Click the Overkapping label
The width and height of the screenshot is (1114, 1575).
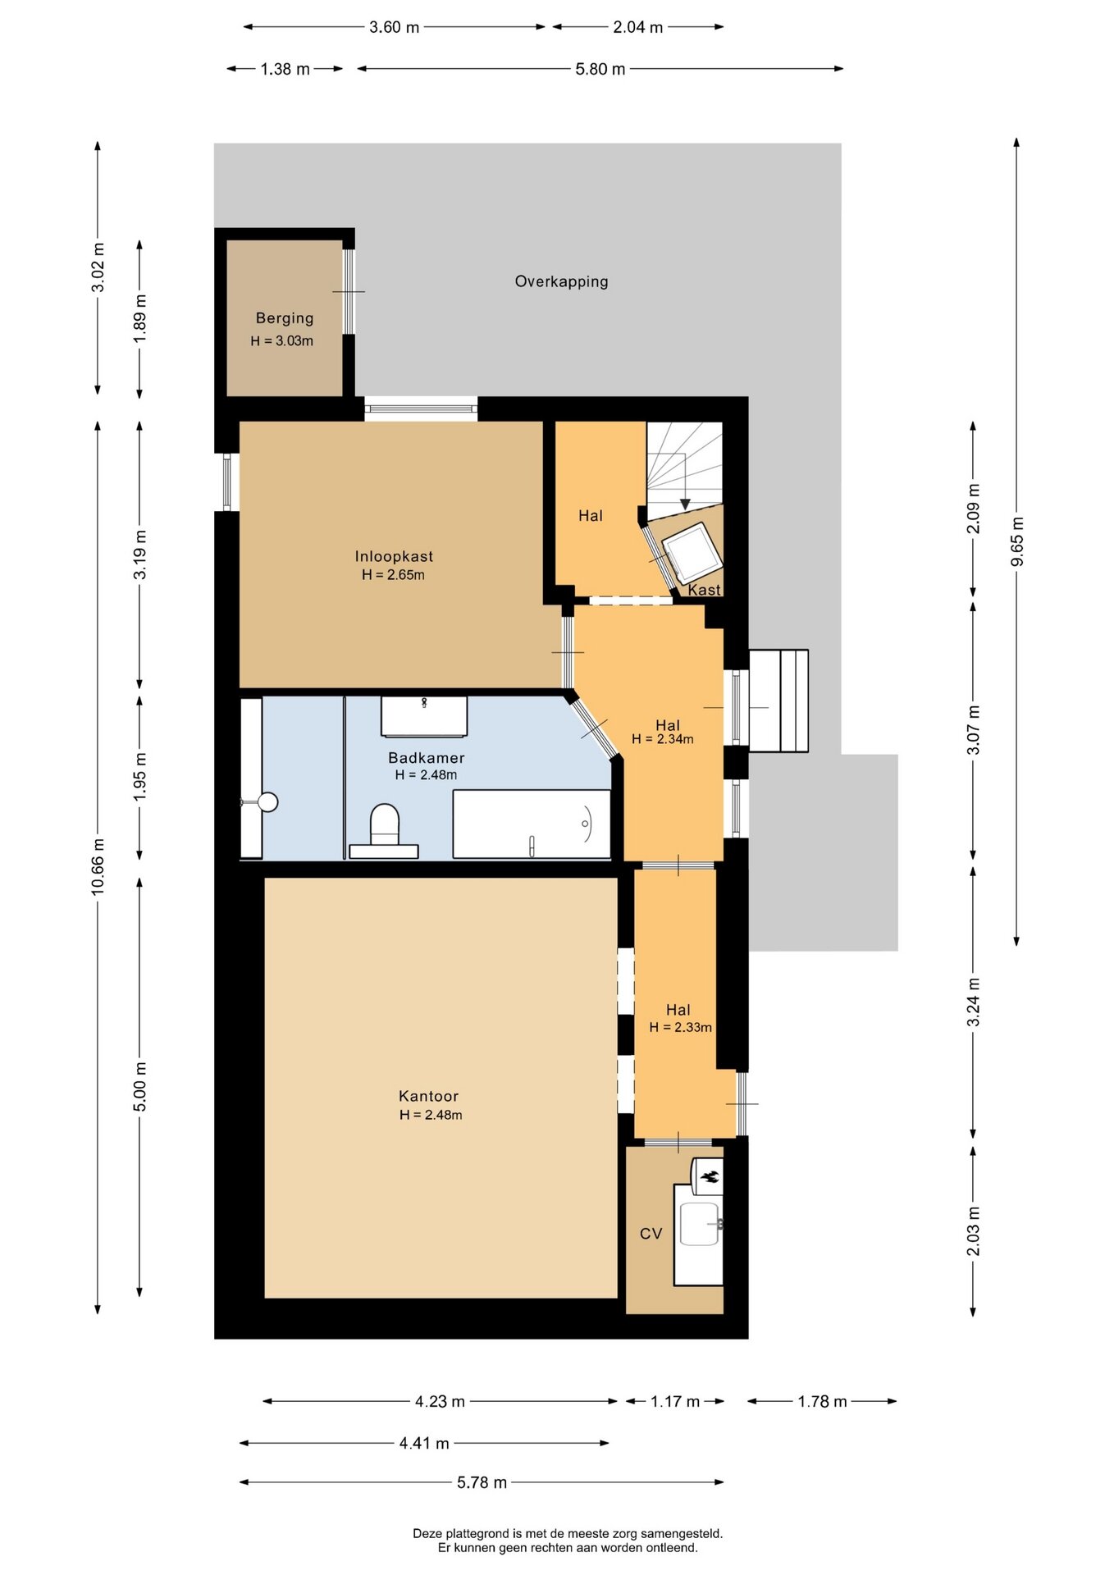pyautogui.click(x=561, y=281)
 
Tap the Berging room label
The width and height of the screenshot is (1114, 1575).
pyautogui.click(x=285, y=318)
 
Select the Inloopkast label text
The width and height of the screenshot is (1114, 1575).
pyautogui.click(x=394, y=556)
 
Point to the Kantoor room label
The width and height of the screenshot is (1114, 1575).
pyautogui.click(x=428, y=1096)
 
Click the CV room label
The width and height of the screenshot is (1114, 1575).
pyautogui.click(x=651, y=1234)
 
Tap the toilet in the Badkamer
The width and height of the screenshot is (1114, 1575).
pyautogui.click(x=385, y=831)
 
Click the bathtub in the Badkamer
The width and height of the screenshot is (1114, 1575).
pyautogui.click(x=532, y=824)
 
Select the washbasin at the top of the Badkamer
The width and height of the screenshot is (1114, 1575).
pyautogui.click(x=424, y=717)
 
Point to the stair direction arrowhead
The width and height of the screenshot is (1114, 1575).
pyautogui.click(x=685, y=504)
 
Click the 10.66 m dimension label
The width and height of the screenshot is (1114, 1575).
pyautogui.click(x=98, y=866)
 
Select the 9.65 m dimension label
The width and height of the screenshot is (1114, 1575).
pyautogui.click(x=1017, y=541)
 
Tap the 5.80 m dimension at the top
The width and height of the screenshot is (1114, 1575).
pyautogui.click(x=600, y=69)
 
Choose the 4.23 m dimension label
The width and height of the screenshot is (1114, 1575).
pyautogui.click(x=440, y=1401)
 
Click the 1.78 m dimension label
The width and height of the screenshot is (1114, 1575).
pyautogui.click(x=822, y=1401)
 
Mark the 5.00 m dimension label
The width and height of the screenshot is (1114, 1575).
pyautogui.click(x=140, y=1087)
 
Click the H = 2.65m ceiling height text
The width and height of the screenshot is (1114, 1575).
pyautogui.click(x=394, y=575)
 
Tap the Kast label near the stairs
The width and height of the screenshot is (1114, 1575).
pyautogui.click(x=704, y=590)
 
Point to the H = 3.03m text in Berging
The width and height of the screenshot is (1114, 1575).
pyautogui.click(x=282, y=341)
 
